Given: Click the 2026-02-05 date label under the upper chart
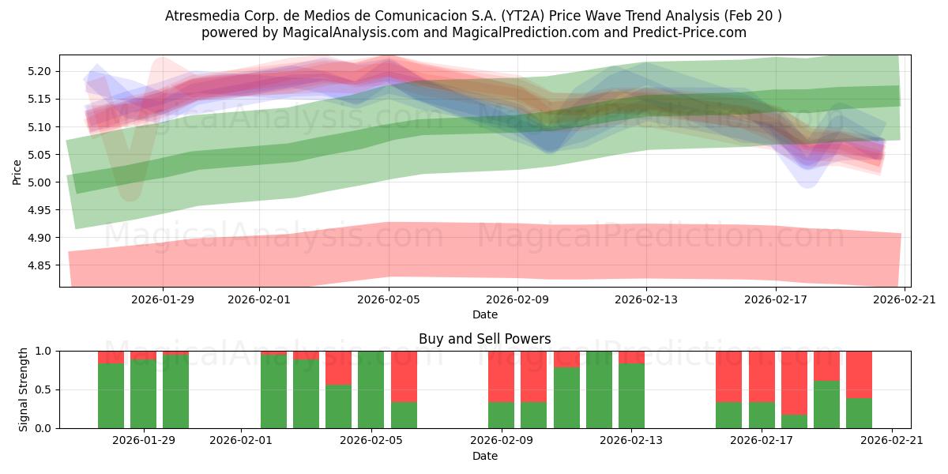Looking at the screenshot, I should [x=389, y=299].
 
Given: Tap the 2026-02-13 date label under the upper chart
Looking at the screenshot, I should [x=647, y=299].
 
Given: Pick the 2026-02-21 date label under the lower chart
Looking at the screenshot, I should [x=891, y=441].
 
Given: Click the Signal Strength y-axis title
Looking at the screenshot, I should [x=24, y=389].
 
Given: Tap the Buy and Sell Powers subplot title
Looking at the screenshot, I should [x=485, y=339].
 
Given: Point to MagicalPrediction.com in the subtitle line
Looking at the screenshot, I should [x=517, y=32].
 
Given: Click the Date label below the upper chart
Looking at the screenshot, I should [x=485, y=314].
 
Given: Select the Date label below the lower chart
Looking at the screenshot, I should [x=485, y=456].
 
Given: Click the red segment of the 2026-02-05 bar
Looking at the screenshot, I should [x=404, y=376].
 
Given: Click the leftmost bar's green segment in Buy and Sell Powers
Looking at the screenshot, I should [x=111, y=395].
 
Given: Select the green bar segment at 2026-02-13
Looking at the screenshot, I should [x=631, y=395].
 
